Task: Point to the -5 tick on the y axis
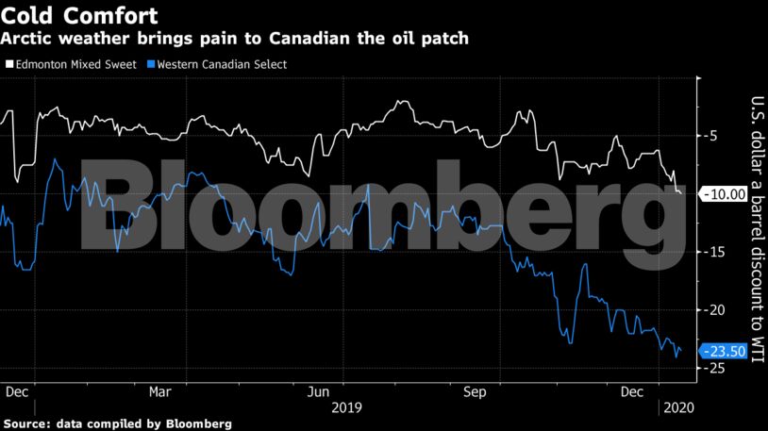(712, 136)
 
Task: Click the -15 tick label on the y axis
(714, 252)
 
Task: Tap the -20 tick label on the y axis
(714, 310)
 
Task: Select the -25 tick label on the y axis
(714, 368)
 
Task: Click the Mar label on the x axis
(160, 390)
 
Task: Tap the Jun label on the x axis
(319, 390)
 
